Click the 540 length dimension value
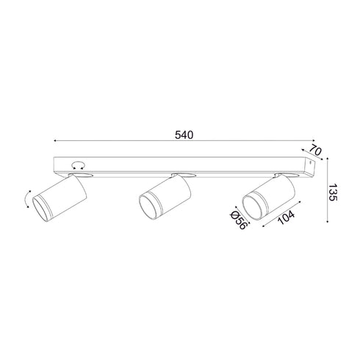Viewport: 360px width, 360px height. [183, 136]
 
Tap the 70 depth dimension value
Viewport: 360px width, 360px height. [315, 151]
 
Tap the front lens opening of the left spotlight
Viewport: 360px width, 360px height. [40, 209]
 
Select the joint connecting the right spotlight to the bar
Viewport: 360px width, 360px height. [284, 175]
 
